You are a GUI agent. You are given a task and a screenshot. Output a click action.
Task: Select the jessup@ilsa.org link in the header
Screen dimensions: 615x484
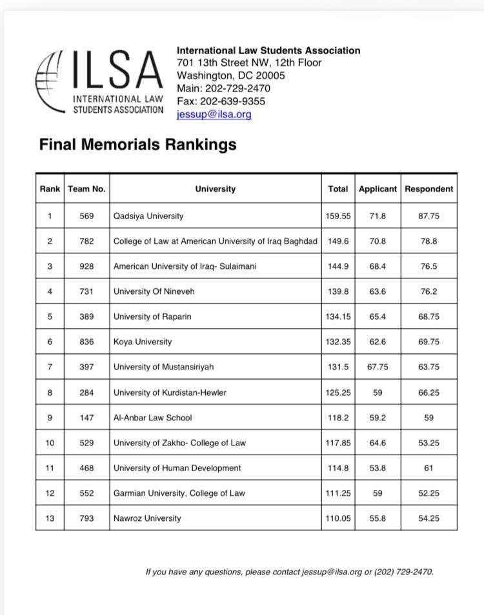[x=214, y=114]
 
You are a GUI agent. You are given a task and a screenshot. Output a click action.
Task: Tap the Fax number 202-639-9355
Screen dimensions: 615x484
[x=221, y=101]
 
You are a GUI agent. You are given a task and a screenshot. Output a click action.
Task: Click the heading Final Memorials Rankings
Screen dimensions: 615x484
[x=137, y=144]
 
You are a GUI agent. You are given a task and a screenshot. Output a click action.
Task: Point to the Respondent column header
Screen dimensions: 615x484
[x=429, y=189]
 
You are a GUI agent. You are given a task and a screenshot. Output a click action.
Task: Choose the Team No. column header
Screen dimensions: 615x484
[x=86, y=189]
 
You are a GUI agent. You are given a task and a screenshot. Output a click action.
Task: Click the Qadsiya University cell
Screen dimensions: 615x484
[x=148, y=216]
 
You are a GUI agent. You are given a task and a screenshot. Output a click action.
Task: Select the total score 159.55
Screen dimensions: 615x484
[x=338, y=216]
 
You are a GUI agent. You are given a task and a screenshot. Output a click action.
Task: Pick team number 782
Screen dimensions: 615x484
[x=86, y=241]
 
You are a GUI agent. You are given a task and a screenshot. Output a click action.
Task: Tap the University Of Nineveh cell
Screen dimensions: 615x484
[x=154, y=291]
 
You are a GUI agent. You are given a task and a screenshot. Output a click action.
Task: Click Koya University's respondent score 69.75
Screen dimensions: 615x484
[x=429, y=342]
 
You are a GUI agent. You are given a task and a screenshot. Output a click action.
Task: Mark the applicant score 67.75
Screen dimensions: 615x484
[x=378, y=367]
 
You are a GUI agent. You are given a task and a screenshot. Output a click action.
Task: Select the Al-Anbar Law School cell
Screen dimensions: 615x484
[x=152, y=417]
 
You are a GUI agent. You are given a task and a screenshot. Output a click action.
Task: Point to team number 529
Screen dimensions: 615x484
[x=86, y=442]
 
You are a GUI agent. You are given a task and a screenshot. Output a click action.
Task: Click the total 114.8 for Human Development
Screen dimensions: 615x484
[x=338, y=468]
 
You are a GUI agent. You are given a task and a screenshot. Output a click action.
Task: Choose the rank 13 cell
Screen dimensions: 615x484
[x=50, y=518]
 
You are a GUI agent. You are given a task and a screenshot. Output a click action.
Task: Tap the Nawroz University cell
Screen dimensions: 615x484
[x=147, y=518]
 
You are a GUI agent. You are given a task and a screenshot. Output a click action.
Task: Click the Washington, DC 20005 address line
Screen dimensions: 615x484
[x=230, y=75]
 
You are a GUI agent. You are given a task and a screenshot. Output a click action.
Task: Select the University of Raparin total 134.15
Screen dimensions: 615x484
[x=338, y=317]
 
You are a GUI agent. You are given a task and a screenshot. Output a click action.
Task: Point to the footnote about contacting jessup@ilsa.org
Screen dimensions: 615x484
[x=290, y=572]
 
